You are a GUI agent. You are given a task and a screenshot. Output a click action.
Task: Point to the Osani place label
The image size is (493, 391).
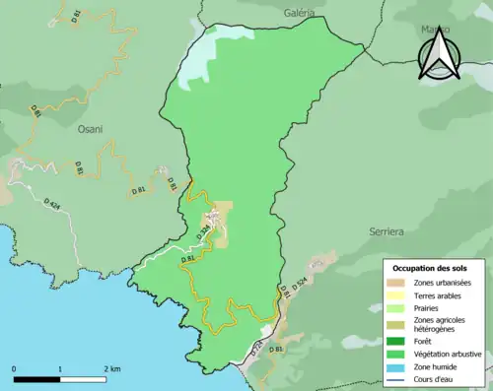tap(91, 128)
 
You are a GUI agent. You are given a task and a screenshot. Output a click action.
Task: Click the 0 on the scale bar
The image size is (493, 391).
tap(15, 369)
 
